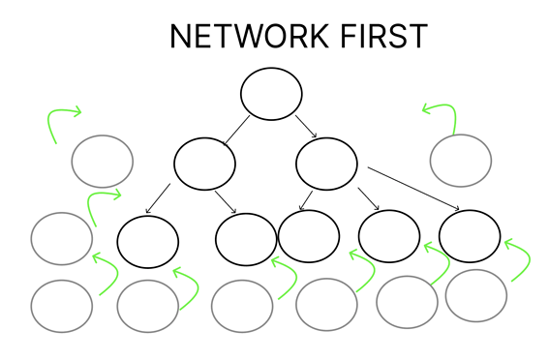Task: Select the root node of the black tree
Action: pyautogui.click(x=271, y=94)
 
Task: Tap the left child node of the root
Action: pyautogui.click(x=204, y=162)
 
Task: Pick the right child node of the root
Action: pyautogui.click(x=326, y=164)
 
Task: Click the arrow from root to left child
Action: pyautogui.click(x=237, y=129)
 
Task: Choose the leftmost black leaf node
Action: pyautogui.click(x=147, y=239)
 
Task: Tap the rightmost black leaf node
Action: pyautogui.click(x=470, y=235)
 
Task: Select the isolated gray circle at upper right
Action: pyautogui.click(x=461, y=160)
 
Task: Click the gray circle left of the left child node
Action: pyautogui.click(x=103, y=161)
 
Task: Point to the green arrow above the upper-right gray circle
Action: pyautogui.click(x=441, y=113)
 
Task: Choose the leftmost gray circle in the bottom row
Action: pyautogui.click(x=61, y=305)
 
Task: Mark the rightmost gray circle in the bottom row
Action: pyautogui.click(x=476, y=295)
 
